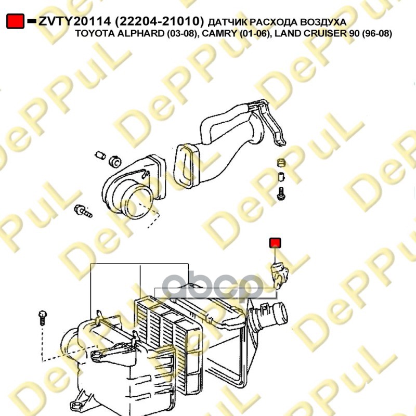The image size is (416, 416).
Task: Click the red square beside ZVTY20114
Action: (x=16, y=21)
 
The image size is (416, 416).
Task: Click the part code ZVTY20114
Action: (x=74, y=21)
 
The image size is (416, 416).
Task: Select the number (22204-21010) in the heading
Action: (x=160, y=21)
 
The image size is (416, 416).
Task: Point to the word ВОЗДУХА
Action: (x=325, y=22)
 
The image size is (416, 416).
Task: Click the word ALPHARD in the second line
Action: (x=138, y=34)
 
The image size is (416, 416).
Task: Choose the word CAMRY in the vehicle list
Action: (x=218, y=34)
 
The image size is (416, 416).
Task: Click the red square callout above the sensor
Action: (x=275, y=243)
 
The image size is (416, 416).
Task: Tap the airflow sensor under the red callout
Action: (x=279, y=275)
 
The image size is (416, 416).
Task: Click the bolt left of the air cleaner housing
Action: (x=43, y=318)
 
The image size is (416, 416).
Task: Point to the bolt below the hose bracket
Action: (x=281, y=193)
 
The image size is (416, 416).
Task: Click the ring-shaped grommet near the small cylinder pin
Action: (x=115, y=161)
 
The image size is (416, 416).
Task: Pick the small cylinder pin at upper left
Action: (x=100, y=155)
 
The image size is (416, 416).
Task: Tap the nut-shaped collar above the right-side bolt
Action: (x=281, y=162)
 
